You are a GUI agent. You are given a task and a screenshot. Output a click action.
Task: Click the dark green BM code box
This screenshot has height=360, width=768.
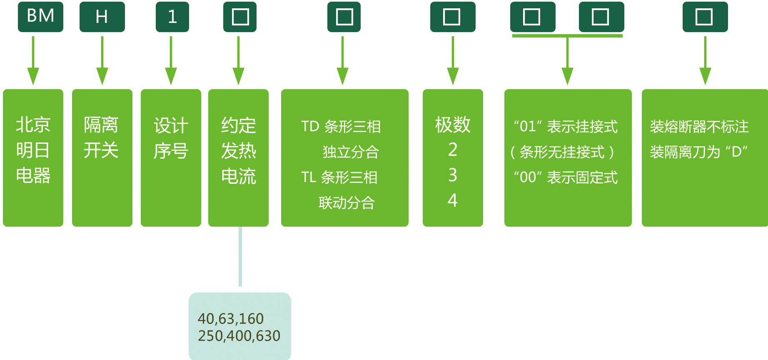(40, 17)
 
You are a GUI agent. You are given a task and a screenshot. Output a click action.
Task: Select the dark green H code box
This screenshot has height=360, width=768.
(102, 17)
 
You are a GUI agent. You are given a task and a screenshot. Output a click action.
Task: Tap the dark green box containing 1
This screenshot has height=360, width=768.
(172, 17)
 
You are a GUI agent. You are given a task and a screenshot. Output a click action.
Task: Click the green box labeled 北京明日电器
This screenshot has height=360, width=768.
(33, 158)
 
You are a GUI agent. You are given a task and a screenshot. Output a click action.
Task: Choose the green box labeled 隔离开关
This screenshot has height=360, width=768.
(102, 158)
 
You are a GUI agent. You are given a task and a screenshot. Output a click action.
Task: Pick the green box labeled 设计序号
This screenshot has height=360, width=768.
(171, 158)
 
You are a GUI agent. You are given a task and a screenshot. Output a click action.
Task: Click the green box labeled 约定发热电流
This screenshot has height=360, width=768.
(238, 158)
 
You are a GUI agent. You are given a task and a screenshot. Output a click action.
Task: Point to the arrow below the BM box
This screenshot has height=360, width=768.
(33, 61)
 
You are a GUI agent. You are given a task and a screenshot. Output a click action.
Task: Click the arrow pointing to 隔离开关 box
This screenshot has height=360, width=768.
(102, 61)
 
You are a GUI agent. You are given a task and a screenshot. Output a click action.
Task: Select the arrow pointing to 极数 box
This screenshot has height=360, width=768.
(453, 61)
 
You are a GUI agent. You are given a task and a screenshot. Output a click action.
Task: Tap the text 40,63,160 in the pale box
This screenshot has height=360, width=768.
(231, 319)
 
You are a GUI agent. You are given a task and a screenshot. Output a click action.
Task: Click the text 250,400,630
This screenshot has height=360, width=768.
(239, 336)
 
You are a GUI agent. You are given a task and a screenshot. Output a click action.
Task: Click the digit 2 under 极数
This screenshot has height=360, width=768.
(453, 150)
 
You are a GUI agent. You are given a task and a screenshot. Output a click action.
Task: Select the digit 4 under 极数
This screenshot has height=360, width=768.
(453, 200)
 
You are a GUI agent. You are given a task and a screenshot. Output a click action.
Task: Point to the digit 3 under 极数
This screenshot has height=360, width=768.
(453, 175)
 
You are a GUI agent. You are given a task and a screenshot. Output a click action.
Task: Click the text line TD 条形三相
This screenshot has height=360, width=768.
(341, 126)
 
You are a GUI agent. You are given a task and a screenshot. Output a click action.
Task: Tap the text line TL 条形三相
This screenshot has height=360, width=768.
(339, 177)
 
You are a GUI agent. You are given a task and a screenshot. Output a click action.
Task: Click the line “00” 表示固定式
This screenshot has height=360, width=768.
(566, 177)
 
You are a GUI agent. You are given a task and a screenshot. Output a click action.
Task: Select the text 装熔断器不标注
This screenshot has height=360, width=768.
(699, 127)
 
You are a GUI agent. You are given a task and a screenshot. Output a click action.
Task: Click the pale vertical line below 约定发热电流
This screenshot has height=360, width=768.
(240, 257)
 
